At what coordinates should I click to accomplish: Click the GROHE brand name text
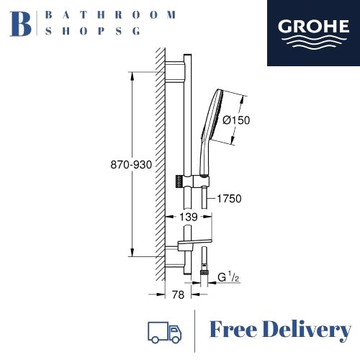(x=313, y=27)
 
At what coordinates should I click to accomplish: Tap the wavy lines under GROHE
(x=314, y=42)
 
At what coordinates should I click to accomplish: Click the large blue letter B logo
(x=20, y=24)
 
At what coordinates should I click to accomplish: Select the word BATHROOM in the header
(x=111, y=15)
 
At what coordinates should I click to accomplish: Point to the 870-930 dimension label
(x=131, y=165)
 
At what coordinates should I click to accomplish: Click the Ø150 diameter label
(x=236, y=120)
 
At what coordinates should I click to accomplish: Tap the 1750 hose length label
(x=229, y=199)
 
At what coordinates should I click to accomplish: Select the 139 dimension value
(x=189, y=217)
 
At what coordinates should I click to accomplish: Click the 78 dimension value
(x=178, y=294)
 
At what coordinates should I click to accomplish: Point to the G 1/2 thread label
(x=228, y=277)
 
